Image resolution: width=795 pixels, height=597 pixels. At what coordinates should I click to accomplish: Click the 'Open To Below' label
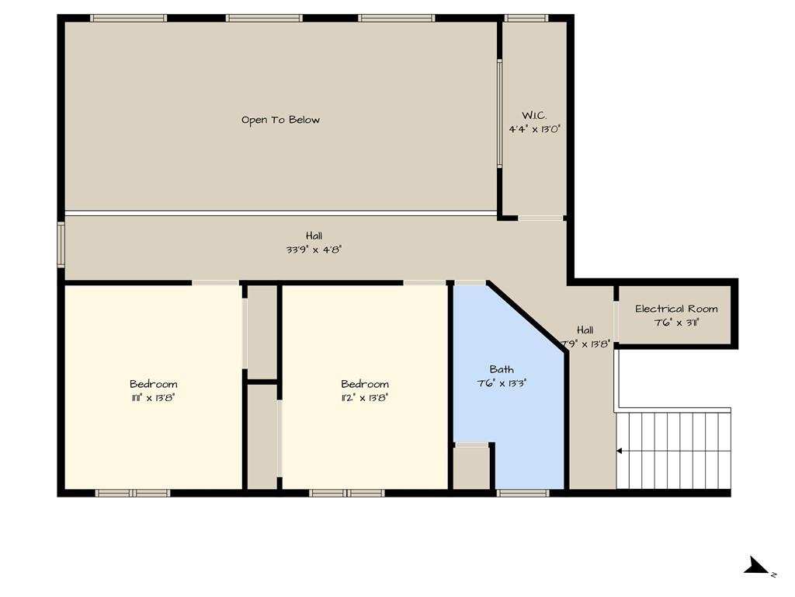(x=280, y=120)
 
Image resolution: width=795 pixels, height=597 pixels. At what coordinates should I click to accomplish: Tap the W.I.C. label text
(x=534, y=115)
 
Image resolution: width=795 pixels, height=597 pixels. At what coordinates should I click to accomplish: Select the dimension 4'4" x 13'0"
(x=534, y=130)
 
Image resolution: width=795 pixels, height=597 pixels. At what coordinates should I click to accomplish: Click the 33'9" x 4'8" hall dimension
(x=314, y=250)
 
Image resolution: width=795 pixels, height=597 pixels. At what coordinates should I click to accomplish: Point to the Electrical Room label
(x=676, y=309)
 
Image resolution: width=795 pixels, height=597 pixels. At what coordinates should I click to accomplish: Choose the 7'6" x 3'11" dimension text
(x=676, y=323)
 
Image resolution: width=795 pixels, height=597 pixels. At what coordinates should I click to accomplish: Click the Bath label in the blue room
(x=502, y=369)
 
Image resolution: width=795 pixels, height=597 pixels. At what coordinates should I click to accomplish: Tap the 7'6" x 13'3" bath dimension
(x=502, y=383)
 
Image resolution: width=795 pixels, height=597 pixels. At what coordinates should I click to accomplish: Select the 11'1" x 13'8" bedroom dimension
(x=153, y=397)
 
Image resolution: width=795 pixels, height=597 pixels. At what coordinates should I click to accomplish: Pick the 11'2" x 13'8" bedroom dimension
(x=365, y=397)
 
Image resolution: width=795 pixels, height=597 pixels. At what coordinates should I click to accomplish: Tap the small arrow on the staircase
(x=620, y=450)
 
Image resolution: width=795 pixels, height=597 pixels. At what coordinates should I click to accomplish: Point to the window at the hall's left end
(x=61, y=245)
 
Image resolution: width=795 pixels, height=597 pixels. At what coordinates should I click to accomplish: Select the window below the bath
(x=522, y=493)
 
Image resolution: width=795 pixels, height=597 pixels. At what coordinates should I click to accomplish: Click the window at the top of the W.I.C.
(x=526, y=18)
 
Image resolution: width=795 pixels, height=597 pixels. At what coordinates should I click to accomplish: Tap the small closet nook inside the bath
(x=471, y=467)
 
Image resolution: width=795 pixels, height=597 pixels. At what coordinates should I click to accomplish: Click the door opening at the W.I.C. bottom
(x=541, y=218)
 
